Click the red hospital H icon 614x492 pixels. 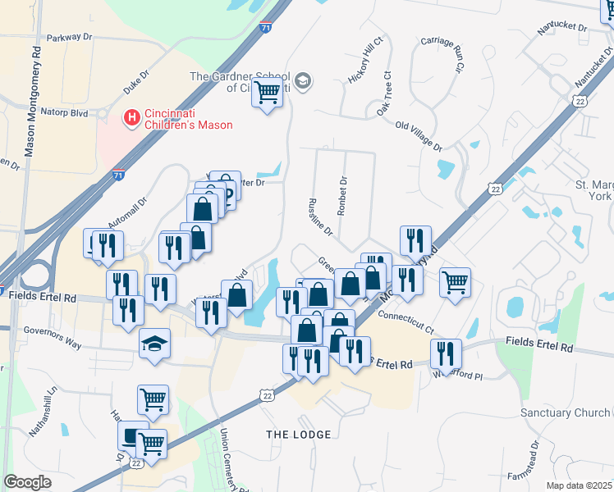(130, 118)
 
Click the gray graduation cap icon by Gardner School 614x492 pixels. (303, 80)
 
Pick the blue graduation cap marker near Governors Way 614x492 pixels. (153, 344)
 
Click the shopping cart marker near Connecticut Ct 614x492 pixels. (455, 283)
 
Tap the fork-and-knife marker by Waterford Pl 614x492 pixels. (445, 353)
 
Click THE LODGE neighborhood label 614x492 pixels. (298, 434)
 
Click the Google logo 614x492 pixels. (28, 482)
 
